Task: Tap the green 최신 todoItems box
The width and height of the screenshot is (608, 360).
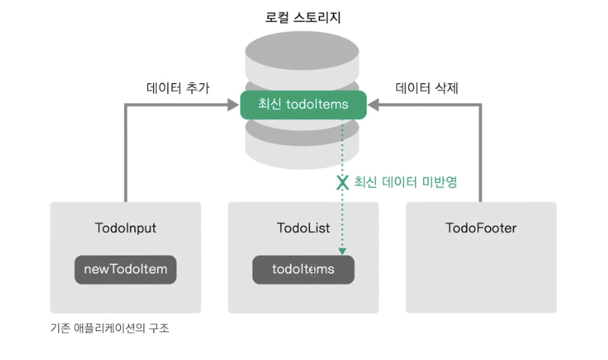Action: pyautogui.click(x=302, y=105)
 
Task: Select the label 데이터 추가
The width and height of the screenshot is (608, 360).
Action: pyautogui.click(x=177, y=88)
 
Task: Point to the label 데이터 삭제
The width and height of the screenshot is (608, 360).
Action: pyautogui.click(x=427, y=88)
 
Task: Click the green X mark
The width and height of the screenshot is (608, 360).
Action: pyautogui.click(x=342, y=181)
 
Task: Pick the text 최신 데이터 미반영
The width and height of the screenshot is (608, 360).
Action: pyautogui.click(x=405, y=181)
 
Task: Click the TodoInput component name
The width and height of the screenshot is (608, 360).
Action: pyautogui.click(x=126, y=228)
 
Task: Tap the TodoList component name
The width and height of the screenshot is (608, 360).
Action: pyautogui.click(x=303, y=228)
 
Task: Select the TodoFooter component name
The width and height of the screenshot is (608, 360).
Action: pyautogui.click(x=481, y=228)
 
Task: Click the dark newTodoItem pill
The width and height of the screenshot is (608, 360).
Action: pyautogui.click(x=125, y=269)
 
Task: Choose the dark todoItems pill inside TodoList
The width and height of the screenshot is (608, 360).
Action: pyautogui.click(x=303, y=269)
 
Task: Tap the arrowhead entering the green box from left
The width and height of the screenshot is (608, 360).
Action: pyautogui.click(x=233, y=106)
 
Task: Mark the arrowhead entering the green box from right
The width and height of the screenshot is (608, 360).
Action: pyautogui.click(x=373, y=106)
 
